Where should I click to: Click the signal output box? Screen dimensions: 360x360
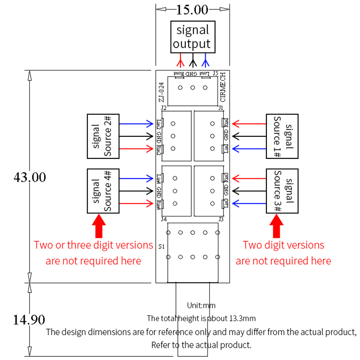192,37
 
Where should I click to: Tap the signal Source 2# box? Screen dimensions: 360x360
103,136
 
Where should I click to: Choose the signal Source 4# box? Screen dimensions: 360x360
103,191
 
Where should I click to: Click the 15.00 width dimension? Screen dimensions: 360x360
192,9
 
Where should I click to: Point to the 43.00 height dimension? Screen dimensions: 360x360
30,177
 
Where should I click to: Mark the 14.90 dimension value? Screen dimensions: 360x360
29,320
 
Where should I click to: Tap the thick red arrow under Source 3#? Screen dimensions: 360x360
277,226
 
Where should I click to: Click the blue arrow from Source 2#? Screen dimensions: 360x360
137,123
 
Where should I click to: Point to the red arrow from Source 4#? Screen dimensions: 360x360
137,204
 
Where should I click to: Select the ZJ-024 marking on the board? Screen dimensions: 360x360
161,93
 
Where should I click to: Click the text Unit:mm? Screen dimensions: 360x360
201,306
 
